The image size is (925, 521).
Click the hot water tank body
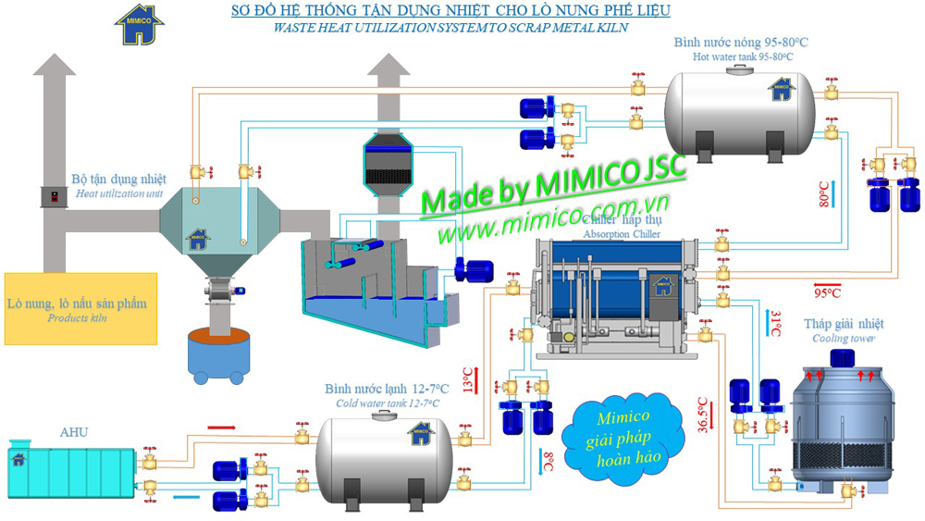pos(740,106)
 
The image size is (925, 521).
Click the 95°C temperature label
pos(827,292)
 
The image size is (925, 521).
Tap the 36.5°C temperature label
pos(704,416)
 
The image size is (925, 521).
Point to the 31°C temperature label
pos(777,323)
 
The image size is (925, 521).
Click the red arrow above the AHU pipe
pos(221,428)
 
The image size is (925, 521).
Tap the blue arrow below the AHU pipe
pos(186,497)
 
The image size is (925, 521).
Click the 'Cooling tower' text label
pos(842,339)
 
